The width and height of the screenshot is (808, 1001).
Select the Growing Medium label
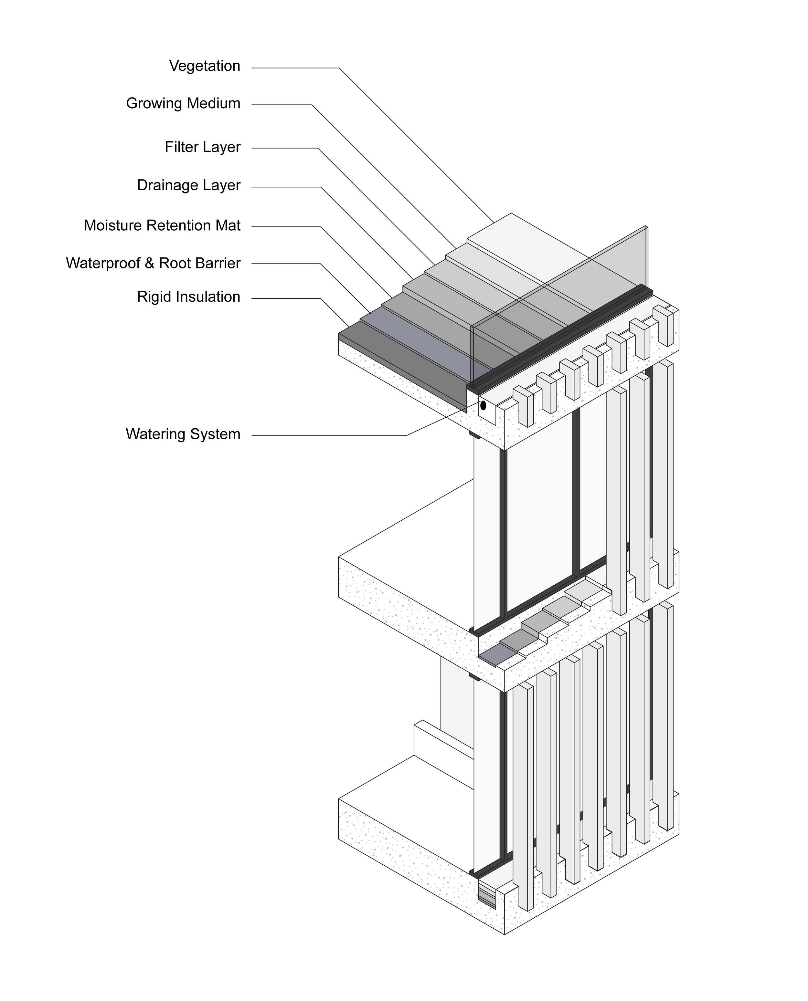click(x=183, y=103)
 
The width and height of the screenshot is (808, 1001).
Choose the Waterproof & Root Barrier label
click(x=153, y=263)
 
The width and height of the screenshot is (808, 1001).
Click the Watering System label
click(x=183, y=434)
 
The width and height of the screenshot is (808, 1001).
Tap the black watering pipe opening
click(x=483, y=405)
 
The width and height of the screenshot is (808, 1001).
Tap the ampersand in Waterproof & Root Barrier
click(x=149, y=263)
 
